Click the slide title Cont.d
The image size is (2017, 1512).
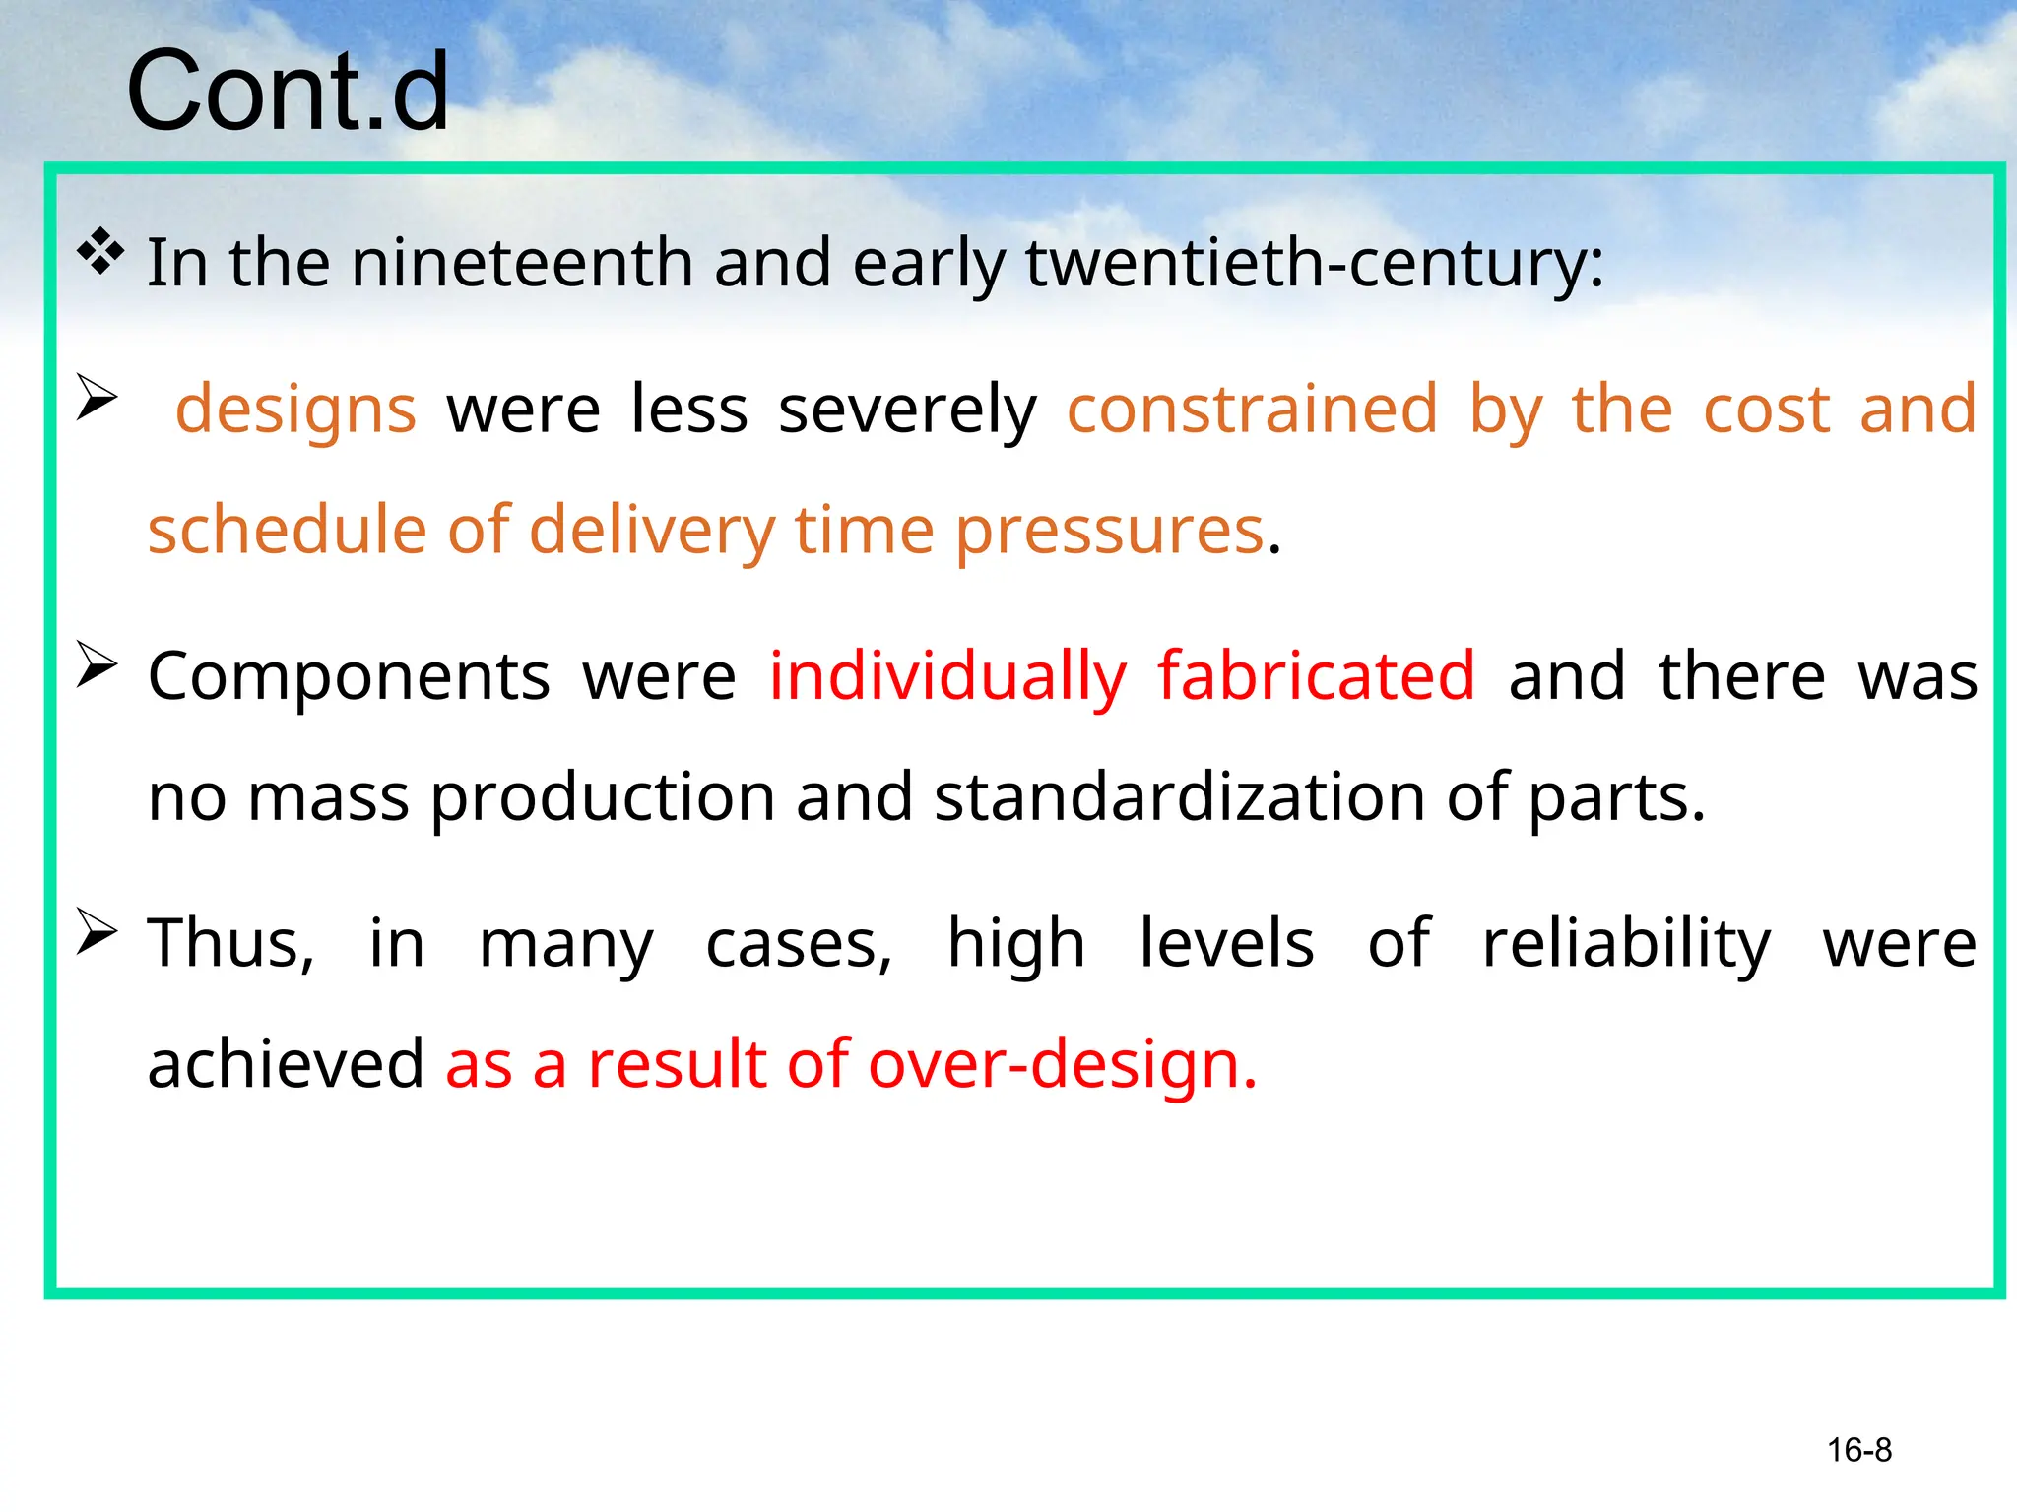tap(288, 92)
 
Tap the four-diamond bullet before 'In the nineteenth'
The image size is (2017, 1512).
tap(100, 251)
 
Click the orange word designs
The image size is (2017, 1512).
tap(295, 409)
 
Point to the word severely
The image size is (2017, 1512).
tap(907, 409)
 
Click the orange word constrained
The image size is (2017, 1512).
tap(1252, 409)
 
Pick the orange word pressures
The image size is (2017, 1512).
tap(1109, 530)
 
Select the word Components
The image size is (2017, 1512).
tap(349, 677)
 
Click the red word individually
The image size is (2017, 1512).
tap(947, 677)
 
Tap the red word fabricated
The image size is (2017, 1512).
tap(1316, 677)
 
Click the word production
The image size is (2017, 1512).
tap(603, 797)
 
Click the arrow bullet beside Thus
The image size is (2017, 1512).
tap(97, 933)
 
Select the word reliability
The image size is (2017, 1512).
tap(1626, 944)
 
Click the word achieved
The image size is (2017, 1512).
tap(286, 1064)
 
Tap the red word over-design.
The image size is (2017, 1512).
tap(1062, 1064)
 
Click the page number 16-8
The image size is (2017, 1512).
tap(1858, 1450)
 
